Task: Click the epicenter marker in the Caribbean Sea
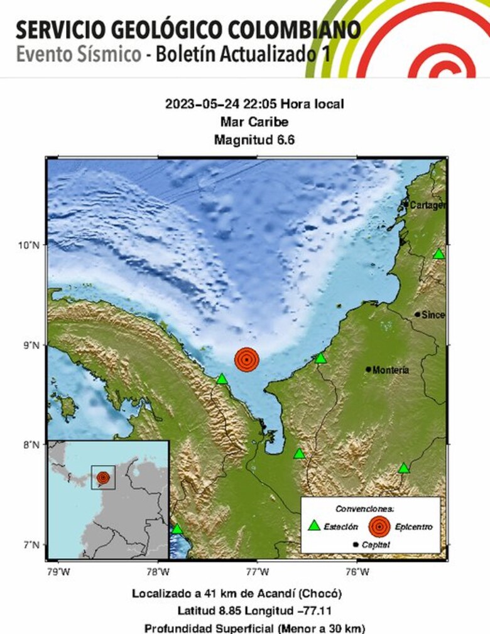[x=247, y=359]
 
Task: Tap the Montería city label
[x=391, y=370]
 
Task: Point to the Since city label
[x=433, y=314]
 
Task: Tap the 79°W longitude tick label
[x=58, y=571]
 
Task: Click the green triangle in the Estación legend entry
[x=314, y=525]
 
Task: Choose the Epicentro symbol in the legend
[x=378, y=526]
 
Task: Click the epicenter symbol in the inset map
[x=103, y=478]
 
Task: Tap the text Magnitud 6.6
[x=254, y=140]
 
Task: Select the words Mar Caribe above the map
[x=254, y=122]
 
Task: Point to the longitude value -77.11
[x=317, y=611]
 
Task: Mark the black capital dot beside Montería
[x=368, y=369]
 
